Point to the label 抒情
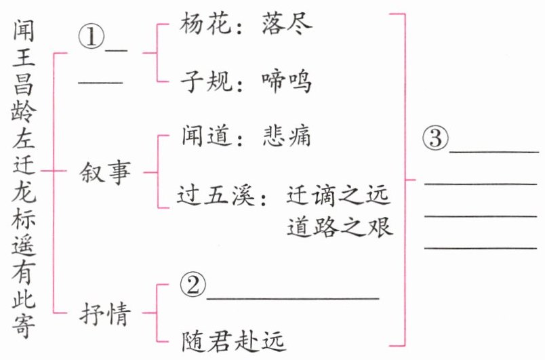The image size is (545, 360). click(104, 314)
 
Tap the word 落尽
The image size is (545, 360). click(285, 24)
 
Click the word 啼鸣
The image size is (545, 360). click(285, 81)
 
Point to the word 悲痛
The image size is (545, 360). click(285, 136)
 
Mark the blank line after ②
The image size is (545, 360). click(292, 297)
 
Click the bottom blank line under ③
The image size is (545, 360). click(481, 247)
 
